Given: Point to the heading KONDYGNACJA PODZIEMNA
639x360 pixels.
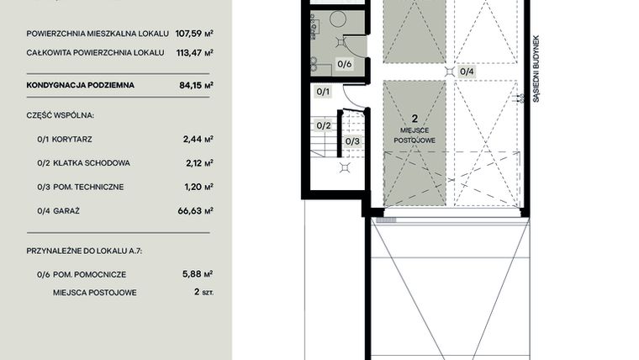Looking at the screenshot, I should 80,85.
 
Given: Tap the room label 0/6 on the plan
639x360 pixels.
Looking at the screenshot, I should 345,64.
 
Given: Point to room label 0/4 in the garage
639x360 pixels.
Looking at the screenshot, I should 467,71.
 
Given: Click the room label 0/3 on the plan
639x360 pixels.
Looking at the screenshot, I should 352,140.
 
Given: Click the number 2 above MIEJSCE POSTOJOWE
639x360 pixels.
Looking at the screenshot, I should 415,120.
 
